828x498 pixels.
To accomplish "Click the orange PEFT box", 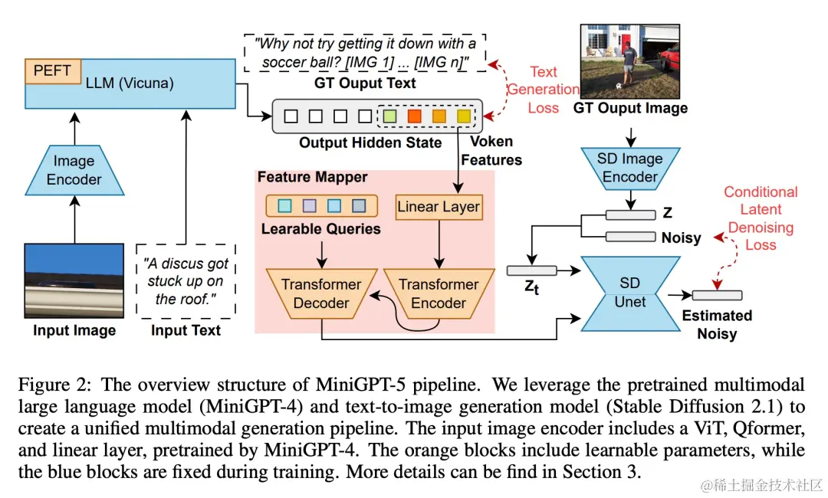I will point(53,70).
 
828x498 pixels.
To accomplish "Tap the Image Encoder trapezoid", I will point(74,170).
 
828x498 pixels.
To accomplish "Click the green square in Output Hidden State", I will point(389,116).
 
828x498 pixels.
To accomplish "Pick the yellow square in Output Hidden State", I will point(464,116).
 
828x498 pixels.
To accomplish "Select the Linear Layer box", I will point(439,206).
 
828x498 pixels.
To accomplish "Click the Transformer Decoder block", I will point(321,293).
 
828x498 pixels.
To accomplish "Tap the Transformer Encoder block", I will point(439,293).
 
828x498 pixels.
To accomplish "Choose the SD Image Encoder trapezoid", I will point(629,168).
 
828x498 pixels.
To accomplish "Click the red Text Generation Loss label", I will point(543,90).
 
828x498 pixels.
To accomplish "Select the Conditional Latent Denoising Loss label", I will point(761,218).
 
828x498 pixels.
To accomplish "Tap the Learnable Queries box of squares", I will point(321,206).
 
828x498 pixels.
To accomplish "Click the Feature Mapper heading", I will point(312,177).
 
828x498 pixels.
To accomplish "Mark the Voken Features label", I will point(495,151).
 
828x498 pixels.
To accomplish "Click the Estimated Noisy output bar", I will point(716,295).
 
